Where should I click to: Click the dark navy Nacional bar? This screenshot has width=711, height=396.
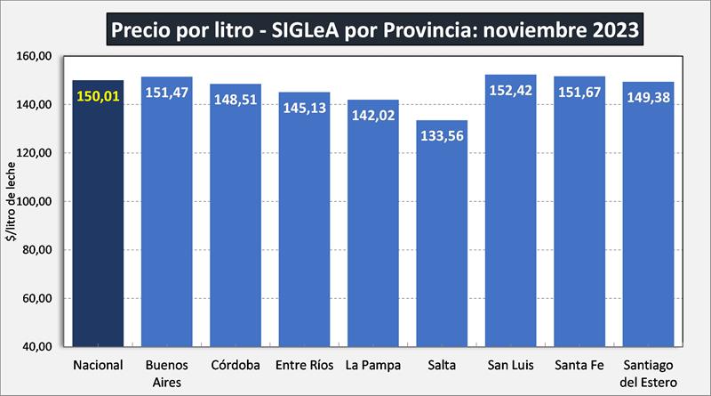(98, 222)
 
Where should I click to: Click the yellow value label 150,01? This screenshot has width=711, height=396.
(98, 95)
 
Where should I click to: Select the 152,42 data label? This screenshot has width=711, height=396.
(510, 90)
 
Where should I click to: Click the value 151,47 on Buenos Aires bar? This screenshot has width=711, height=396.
(167, 92)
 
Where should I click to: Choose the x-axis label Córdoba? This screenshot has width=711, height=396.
(236, 366)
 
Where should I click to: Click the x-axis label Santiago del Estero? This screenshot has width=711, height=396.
(648, 373)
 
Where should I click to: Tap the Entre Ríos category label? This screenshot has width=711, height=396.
(304, 366)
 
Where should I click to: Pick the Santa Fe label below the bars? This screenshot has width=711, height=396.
(579, 366)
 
